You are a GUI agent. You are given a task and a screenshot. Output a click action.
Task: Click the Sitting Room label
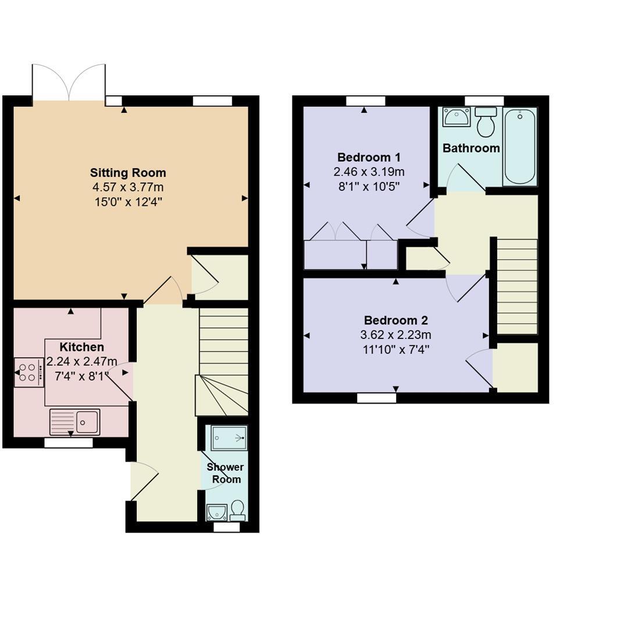pos(128,173)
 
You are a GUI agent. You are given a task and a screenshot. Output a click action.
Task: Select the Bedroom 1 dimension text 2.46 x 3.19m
pos(369,172)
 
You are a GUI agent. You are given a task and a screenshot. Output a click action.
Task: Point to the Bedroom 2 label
pos(395,320)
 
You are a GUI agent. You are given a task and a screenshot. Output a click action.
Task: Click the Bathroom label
pos(471,148)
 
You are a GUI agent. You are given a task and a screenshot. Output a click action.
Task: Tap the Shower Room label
pos(226,473)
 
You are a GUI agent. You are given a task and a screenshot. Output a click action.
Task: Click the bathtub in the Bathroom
pos(519,146)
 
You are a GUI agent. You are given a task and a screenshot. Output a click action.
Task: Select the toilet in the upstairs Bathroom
pos(486,121)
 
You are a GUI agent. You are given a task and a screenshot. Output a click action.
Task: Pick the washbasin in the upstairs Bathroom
pos(456,116)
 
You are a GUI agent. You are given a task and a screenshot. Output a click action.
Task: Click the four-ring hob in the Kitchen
pos(28,373)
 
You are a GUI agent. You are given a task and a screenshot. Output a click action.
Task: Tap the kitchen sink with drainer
pos(74,422)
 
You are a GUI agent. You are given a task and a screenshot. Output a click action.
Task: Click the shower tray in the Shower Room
pos(229,438)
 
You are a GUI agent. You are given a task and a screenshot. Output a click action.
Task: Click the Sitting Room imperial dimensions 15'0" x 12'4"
pos(128,202)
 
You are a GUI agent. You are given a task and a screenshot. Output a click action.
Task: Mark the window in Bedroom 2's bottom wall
pos(376,398)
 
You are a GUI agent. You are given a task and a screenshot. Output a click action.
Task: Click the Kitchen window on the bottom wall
pos(69,443)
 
